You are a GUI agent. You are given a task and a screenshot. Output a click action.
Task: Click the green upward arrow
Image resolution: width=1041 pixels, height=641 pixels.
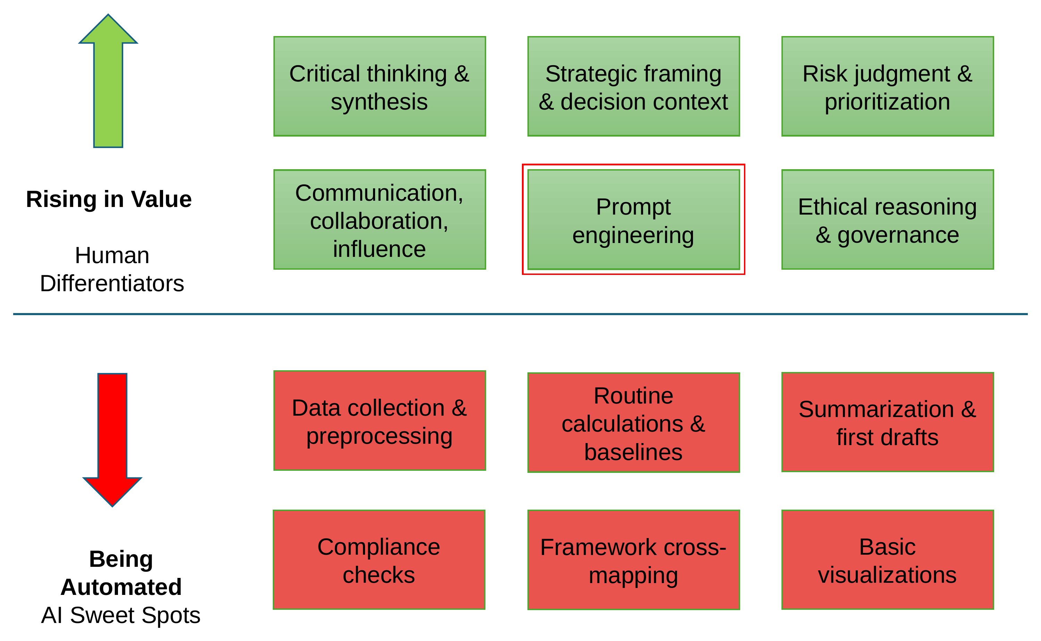tap(108, 80)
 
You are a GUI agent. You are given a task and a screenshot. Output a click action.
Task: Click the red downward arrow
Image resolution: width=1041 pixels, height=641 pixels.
tap(112, 440)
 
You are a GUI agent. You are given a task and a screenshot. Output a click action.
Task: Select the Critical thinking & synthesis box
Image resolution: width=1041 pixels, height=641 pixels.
tap(379, 86)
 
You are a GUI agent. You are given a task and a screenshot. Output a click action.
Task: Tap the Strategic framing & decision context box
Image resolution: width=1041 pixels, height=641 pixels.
tap(633, 86)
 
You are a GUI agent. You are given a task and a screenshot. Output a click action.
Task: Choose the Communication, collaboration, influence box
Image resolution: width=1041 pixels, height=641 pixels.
tap(379, 219)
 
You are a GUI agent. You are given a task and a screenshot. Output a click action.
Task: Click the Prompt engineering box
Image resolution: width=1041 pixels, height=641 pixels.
tap(633, 219)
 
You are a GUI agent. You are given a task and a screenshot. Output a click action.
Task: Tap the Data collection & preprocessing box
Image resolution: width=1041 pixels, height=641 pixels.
tap(379, 421)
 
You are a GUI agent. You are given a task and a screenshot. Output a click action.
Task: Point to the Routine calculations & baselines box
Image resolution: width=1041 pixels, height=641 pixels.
tap(633, 423)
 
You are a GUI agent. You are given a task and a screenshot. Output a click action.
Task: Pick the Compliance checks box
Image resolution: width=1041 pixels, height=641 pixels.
tap(379, 560)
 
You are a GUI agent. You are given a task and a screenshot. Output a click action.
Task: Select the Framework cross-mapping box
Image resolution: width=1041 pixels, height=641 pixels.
tap(633, 560)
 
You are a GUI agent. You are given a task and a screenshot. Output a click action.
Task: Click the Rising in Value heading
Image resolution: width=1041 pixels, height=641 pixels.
tap(109, 199)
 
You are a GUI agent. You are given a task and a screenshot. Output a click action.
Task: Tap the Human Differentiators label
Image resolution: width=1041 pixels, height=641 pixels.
tap(112, 269)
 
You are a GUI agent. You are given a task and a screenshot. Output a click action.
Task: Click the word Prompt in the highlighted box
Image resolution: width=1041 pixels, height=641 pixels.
tap(633, 207)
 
